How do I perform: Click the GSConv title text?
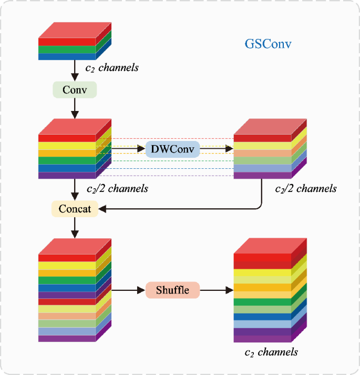[268, 43]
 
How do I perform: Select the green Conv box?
[74, 90]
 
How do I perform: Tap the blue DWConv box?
[173, 149]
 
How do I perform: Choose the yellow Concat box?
[75, 209]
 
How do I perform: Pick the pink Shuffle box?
[172, 290]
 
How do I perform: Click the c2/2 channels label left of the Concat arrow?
[117, 188]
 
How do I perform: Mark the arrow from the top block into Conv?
[75, 70]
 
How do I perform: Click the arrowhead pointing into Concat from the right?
[104, 209]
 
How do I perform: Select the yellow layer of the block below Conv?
[67, 146]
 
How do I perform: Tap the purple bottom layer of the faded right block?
[262, 176]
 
